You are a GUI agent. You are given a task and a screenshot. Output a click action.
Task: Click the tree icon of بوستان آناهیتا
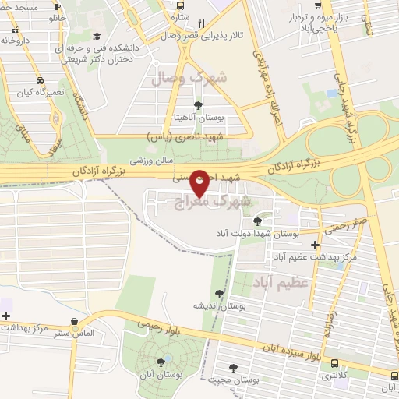click(x=198, y=105)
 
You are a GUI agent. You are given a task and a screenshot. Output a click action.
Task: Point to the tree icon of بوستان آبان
click(x=161, y=362)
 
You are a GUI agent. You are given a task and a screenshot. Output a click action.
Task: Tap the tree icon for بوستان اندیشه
click(x=219, y=294)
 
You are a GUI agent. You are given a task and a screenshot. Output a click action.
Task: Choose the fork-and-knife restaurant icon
click(x=201, y=23)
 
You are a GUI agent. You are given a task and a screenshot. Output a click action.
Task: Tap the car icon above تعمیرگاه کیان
click(x=40, y=80)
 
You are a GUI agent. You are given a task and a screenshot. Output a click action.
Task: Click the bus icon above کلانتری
click(x=335, y=363)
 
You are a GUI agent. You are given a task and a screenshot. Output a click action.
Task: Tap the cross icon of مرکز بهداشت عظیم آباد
click(x=314, y=245)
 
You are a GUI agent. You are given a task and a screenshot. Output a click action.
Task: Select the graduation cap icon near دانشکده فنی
click(x=96, y=36)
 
